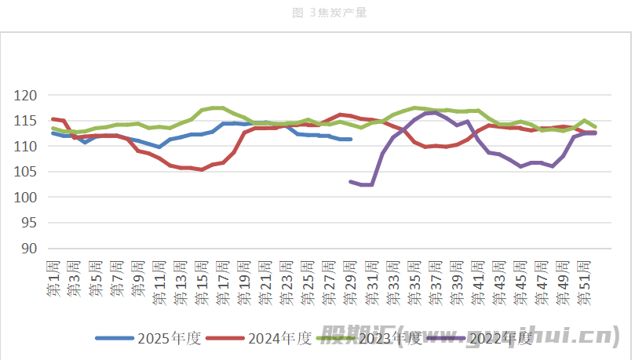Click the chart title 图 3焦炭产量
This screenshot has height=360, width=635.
(318, 13)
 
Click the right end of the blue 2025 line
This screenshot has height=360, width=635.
(350, 139)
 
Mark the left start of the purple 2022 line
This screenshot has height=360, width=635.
(351, 181)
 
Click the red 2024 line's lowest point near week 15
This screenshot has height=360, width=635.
(202, 169)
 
